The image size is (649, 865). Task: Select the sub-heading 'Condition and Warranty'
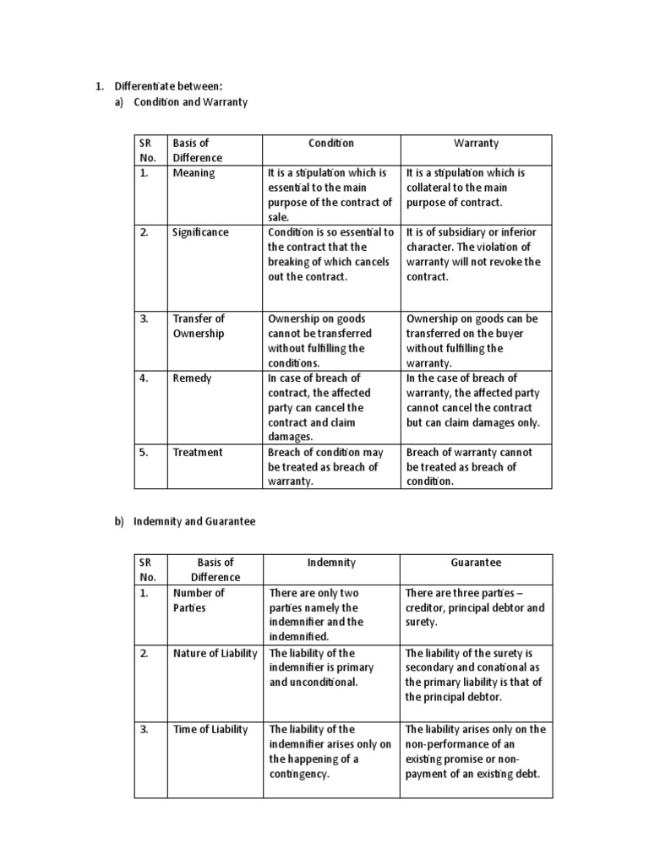pyautogui.click(x=190, y=101)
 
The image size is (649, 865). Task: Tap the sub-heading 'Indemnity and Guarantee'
pyautogui.click(x=194, y=521)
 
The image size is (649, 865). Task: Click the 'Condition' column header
pyautogui.click(x=331, y=143)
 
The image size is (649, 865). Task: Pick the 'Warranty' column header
pyautogui.click(x=476, y=143)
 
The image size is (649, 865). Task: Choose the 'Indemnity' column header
pyautogui.click(x=331, y=562)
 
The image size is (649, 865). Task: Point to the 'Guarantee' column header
pyautogui.click(x=476, y=562)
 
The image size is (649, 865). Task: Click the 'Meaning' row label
pyautogui.click(x=194, y=172)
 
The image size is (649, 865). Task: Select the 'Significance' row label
pyautogui.click(x=200, y=231)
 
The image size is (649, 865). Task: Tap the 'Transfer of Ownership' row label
pyautogui.click(x=199, y=326)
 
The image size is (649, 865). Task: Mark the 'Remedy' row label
pyautogui.click(x=192, y=378)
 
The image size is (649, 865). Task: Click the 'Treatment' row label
pyautogui.click(x=198, y=452)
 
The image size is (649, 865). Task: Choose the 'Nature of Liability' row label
pyautogui.click(x=215, y=653)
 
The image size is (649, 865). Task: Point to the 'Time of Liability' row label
pyautogui.click(x=210, y=729)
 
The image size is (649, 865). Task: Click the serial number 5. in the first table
pyautogui.click(x=144, y=452)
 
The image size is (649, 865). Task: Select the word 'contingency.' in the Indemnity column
pyautogui.click(x=298, y=774)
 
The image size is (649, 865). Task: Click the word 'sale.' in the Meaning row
pyautogui.click(x=278, y=217)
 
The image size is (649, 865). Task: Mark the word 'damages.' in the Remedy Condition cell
pyautogui.click(x=291, y=437)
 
